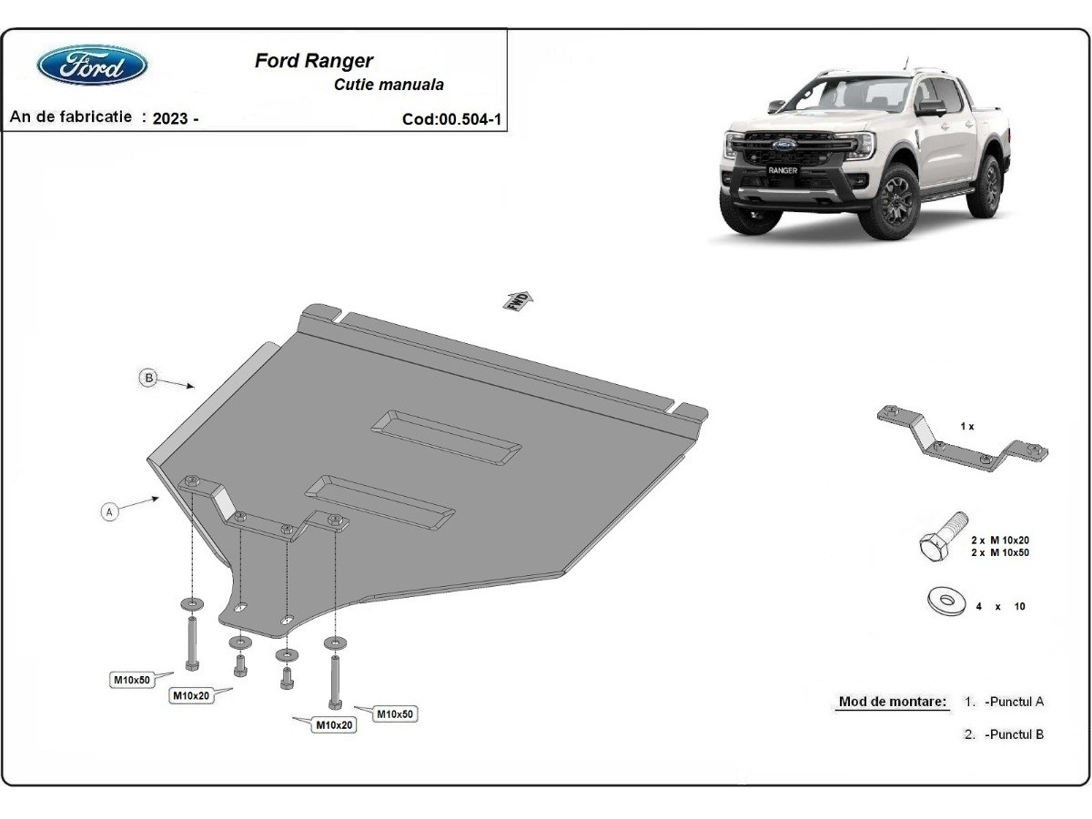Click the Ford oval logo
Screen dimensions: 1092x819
92,66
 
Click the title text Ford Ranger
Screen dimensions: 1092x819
313,61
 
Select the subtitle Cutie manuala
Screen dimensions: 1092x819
389,85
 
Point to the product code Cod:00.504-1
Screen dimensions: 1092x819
451,119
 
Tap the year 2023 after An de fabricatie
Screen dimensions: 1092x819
169,118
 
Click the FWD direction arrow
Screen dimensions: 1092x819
518,301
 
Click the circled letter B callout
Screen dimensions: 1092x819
148,378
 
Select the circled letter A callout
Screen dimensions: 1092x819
109,511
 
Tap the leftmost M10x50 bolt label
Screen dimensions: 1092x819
131,680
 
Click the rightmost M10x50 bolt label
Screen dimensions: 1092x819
395,714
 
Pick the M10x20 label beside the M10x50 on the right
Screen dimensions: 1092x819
334,725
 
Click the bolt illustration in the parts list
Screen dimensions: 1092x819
943,537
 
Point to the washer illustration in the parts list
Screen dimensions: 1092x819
946,602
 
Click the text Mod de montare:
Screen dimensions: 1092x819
893,702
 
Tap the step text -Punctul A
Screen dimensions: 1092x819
1014,702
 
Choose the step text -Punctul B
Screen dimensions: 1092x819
1014,734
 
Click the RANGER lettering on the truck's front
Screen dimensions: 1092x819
783,170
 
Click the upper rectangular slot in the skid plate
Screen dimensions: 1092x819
446,438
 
